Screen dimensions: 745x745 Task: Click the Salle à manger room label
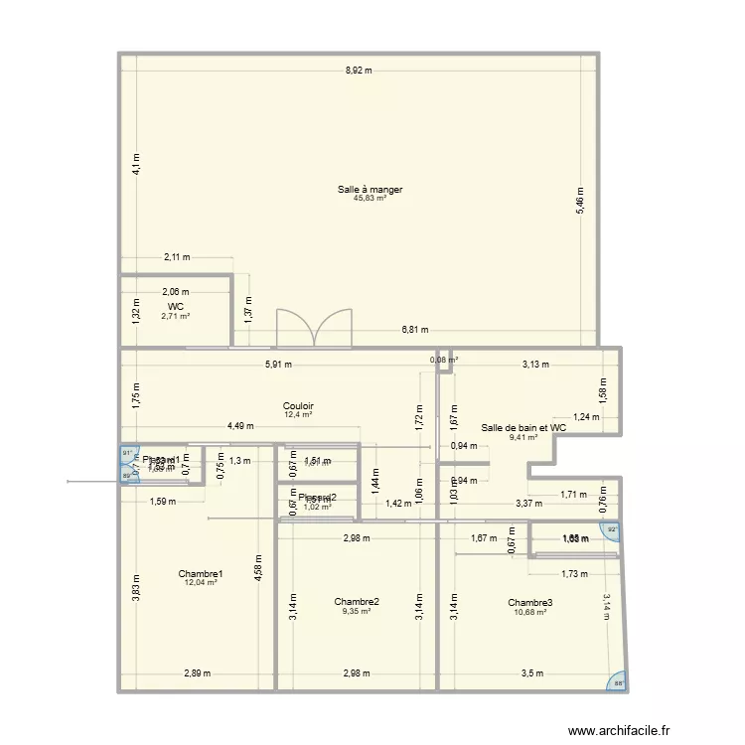[370, 189]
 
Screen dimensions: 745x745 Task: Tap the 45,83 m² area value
[370, 198]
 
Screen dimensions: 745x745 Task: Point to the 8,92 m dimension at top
[359, 71]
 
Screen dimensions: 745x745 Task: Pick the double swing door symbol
[314, 327]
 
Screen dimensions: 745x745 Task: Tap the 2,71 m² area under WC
[175, 316]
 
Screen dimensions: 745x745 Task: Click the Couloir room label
[298, 405]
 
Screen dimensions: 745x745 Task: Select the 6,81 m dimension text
[415, 330]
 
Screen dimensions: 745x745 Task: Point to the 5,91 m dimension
[278, 364]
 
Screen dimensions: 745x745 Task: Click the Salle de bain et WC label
[523, 427]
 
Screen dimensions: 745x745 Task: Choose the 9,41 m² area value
[523, 436]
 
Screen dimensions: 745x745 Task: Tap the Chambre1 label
[201, 573]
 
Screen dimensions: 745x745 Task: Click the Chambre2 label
[357, 601]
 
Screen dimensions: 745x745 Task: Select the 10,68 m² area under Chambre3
[529, 611]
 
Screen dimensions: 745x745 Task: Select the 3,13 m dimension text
[535, 364]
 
